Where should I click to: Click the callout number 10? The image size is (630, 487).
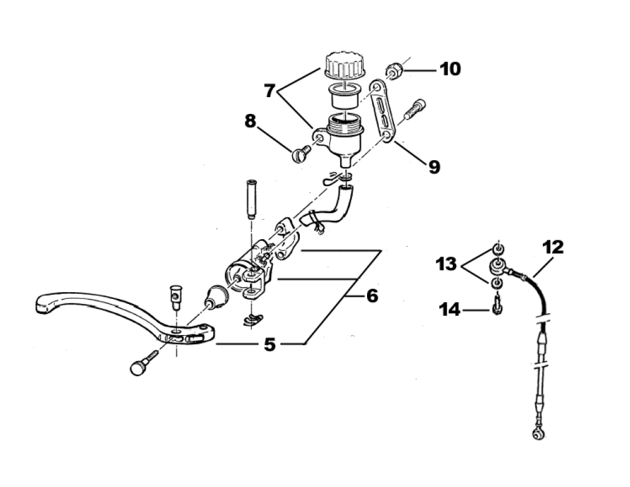(x=450, y=69)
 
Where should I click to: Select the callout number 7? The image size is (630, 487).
(x=269, y=91)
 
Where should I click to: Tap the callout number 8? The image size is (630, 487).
(x=251, y=121)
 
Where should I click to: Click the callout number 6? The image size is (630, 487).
(x=371, y=296)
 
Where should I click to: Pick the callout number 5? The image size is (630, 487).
(x=269, y=344)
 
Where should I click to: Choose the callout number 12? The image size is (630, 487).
(x=553, y=247)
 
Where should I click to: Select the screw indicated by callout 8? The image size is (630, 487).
(x=298, y=153)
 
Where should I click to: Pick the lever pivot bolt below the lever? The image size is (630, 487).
(x=141, y=366)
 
